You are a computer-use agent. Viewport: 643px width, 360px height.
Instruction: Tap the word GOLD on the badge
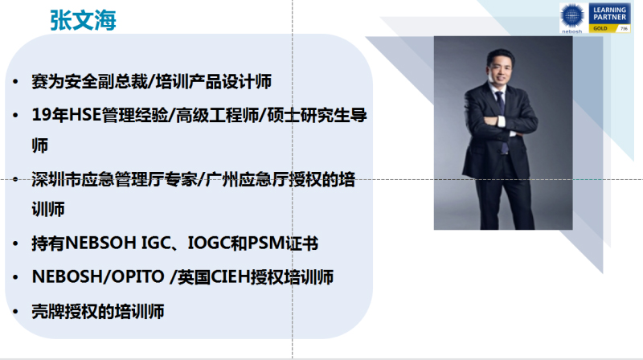click(x=600, y=28)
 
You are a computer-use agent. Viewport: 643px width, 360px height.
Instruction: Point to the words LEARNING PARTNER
click(x=612, y=14)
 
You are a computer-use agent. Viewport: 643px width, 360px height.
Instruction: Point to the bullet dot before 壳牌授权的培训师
click(x=17, y=312)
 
